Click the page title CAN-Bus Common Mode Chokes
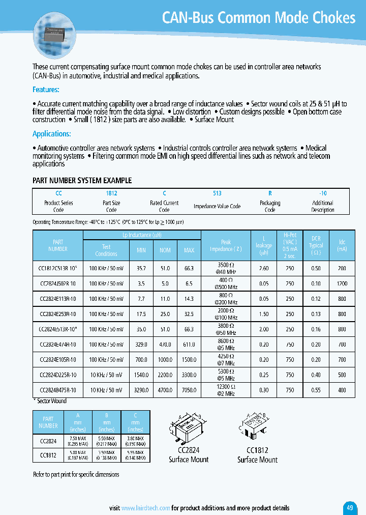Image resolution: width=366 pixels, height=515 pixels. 258,18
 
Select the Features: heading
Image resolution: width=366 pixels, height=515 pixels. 46,90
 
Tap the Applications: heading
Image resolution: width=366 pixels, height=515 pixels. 52,134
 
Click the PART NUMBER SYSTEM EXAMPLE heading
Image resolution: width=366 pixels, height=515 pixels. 82,181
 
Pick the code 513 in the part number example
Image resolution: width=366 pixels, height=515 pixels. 217,193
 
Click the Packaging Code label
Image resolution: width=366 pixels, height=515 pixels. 270,206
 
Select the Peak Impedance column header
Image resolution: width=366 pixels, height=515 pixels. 226,246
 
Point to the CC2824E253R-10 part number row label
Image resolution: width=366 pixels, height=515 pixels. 57,314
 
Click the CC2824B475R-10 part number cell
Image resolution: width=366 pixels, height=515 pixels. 57,390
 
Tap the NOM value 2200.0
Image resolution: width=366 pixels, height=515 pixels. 165,375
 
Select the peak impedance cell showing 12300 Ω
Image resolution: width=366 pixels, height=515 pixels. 226,390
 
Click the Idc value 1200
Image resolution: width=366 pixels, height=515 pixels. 342,283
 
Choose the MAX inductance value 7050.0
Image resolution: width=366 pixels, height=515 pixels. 189,390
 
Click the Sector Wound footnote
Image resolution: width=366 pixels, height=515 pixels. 51,401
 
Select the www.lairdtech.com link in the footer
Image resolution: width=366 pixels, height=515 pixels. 146,508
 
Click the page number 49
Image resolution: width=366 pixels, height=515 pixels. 350,507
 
